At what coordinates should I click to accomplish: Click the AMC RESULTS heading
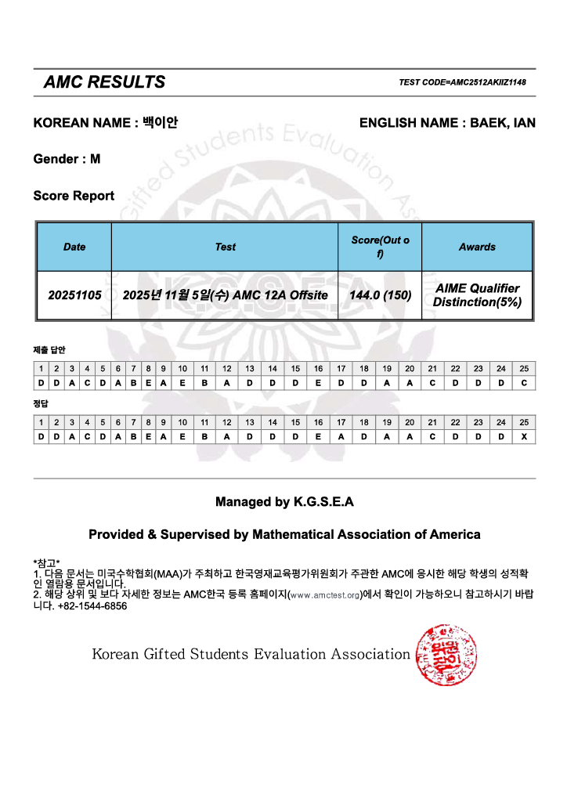(x=104, y=82)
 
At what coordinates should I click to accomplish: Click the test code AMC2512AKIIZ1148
(x=462, y=82)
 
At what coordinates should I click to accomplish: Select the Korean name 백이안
(x=160, y=123)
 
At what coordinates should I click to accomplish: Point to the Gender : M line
(x=67, y=159)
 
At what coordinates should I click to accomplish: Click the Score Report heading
(x=74, y=196)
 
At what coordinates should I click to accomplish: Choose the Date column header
(x=74, y=247)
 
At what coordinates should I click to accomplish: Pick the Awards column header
(x=477, y=247)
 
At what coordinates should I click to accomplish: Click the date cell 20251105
(x=74, y=295)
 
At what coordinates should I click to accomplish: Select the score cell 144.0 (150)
(x=380, y=295)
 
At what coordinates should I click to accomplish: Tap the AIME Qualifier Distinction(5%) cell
(x=477, y=295)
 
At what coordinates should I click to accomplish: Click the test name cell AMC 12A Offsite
(x=225, y=295)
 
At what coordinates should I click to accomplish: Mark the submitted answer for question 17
(x=341, y=383)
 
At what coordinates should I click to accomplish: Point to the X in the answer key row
(x=524, y=437)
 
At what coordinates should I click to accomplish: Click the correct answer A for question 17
(x=341, y=437)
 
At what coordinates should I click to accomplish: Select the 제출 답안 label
(x=49, y=350)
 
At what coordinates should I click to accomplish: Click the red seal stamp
(x=441, y=653)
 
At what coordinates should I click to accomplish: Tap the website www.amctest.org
(x=325, y=595)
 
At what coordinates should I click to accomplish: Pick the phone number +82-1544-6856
(x=92, y=605)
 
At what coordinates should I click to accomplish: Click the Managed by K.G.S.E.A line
(x=284, y=502)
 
